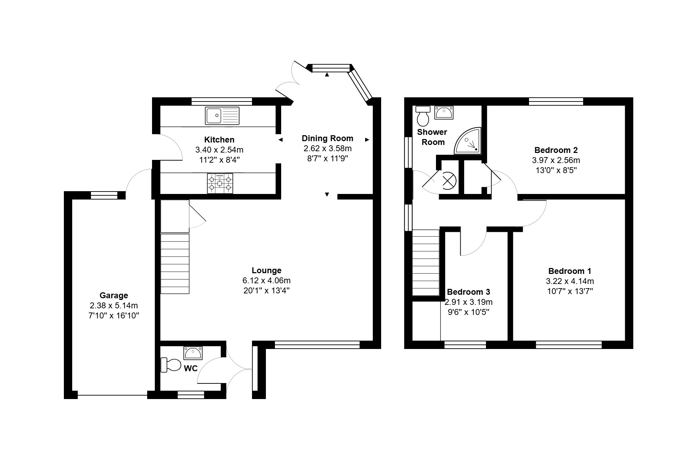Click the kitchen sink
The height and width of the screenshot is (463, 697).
tap(222, 116)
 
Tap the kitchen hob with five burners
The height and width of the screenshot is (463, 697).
tap(220, 183)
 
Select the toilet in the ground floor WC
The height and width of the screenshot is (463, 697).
tap(171, 365)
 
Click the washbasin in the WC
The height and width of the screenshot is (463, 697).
tap(193, 353)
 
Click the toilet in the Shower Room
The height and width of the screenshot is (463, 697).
tap(423, 116)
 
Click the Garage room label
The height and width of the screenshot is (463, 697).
tap(114, 295)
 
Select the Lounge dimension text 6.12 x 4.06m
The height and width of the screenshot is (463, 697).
tap(267, 280)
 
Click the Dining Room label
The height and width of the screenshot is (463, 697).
tap(327, 138)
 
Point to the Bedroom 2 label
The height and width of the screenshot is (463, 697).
tap(556, 150)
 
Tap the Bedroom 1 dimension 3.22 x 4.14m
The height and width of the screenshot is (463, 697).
tap(570, 281)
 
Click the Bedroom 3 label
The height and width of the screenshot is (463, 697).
tap(469, 292)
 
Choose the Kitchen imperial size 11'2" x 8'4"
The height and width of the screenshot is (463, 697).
tap(219, 160)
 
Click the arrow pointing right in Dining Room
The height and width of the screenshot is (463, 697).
tap(367, 140)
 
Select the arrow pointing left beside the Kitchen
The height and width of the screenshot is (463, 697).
tap(281, 140)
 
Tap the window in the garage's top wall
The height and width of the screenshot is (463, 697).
tap(104, 195)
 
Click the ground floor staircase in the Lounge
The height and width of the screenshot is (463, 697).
tap(175, 264)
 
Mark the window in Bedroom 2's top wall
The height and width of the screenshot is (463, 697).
tap(556, 101)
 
